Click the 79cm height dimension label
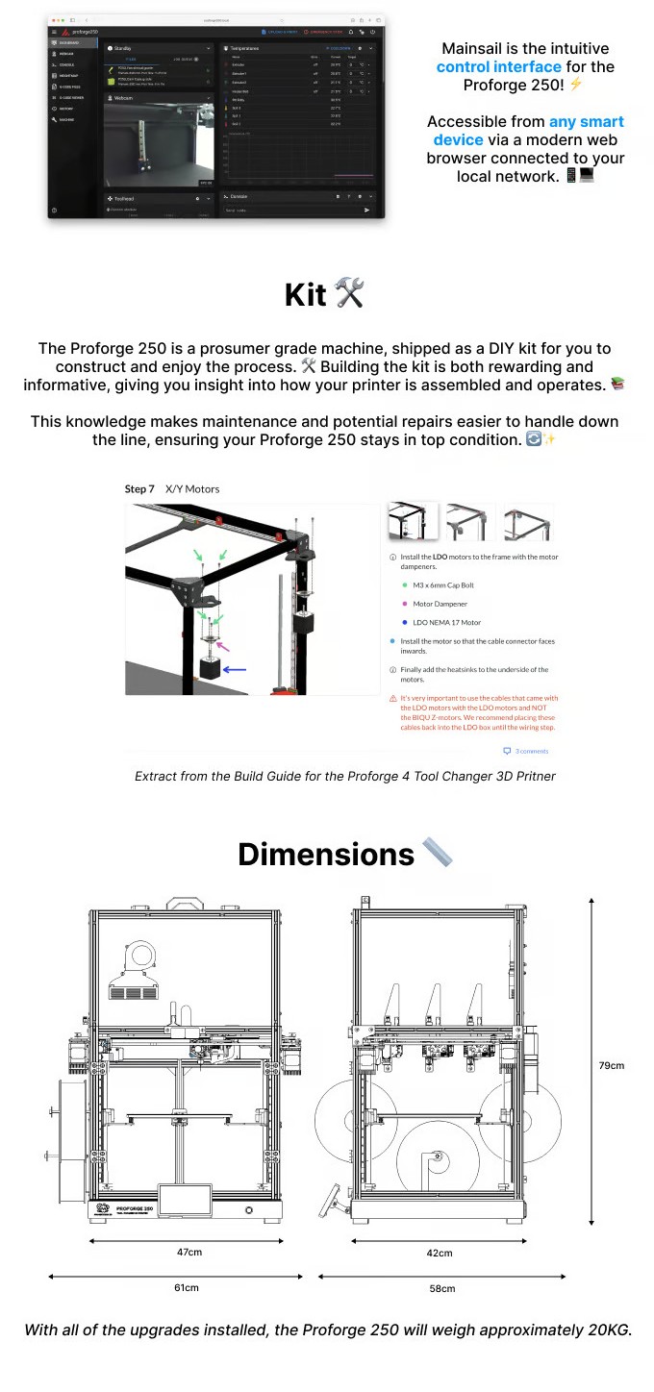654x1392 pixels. point(611,1065)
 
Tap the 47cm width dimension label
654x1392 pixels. point(189,1252)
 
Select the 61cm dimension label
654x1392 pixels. point(186,1287)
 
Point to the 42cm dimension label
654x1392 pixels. point(440,1253)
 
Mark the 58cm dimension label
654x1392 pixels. point(442,1288)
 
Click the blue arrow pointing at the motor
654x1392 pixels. point(235,669)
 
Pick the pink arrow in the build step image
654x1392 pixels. point(224,648)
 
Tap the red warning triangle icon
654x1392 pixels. point(393,698)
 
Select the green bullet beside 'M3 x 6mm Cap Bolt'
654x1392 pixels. point(405,584)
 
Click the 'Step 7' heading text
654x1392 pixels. point(139,489)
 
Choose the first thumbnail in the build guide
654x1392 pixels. point(413,522)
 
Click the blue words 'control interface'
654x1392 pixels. point(498,66)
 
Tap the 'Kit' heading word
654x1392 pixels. point(305,295)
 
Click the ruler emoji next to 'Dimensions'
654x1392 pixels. point(437,854)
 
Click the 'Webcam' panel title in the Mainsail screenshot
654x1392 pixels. point(124,98)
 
